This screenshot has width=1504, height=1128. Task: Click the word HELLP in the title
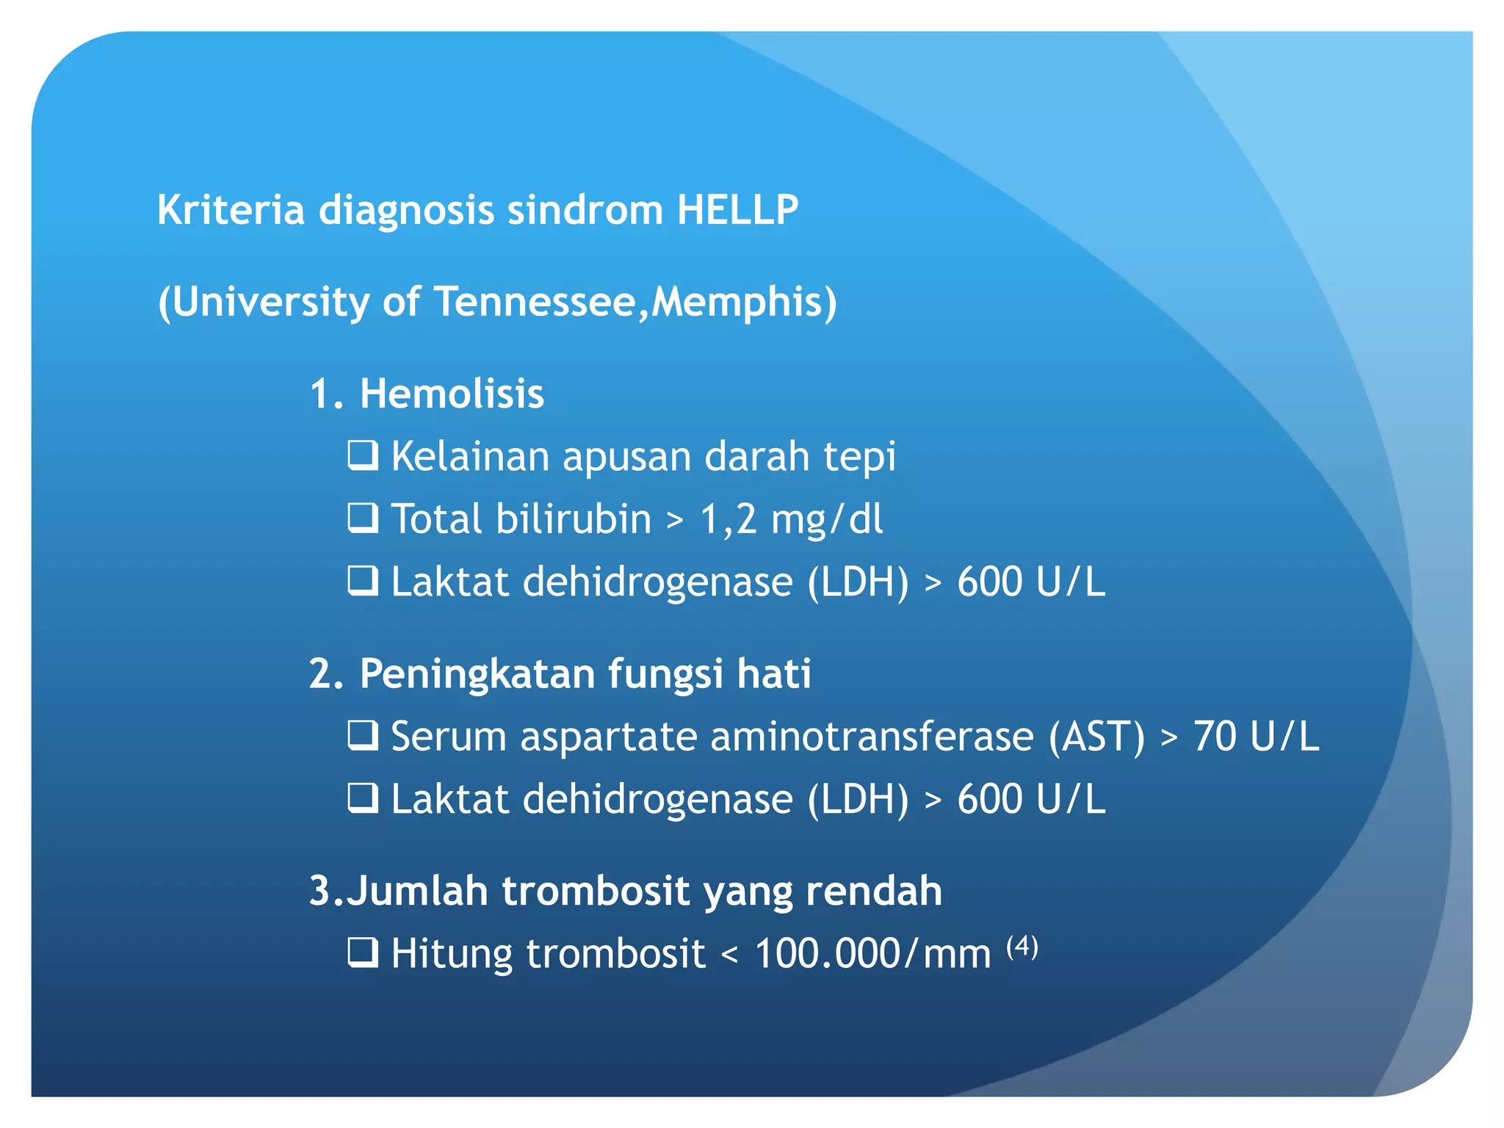click(x=737, y=210)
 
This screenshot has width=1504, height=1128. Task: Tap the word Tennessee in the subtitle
click(x=535, y=302)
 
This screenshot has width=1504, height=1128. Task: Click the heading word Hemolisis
click(x=452, y=394)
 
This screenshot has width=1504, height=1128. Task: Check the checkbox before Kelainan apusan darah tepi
click(x=363, y=455)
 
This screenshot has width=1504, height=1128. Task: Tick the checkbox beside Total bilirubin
click(x=363, y=518)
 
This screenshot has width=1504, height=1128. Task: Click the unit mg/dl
click(x=827, y=519)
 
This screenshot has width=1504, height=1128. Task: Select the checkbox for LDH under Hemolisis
click(x=363, y=581)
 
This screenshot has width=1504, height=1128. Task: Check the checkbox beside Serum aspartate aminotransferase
click(x=363, y=735)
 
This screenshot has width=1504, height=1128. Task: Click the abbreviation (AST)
click(x=1096, y=737)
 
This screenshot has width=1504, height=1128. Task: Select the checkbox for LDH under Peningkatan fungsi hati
click(x=363, y=798)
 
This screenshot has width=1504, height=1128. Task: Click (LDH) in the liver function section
click(x=858, y=799)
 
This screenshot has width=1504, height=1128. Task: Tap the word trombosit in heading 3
click(x=596, y=891)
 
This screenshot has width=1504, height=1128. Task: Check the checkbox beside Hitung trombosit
click(x=363, y=952)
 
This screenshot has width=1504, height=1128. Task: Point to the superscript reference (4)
click(x=1022, y=946)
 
